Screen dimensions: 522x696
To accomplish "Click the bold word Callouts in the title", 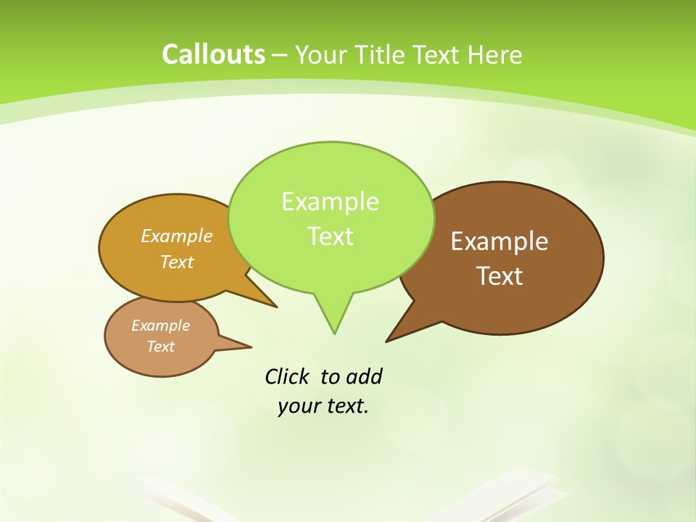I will (213, 54).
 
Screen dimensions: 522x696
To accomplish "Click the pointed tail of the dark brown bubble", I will (391, 338).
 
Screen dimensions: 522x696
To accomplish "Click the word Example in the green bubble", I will (330, 202).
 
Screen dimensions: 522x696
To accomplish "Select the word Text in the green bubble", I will (330, 236).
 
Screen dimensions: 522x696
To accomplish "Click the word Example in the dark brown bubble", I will (500, 241).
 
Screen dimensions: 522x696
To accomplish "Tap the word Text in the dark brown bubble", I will (500, 276).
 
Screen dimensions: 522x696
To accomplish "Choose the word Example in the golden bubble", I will (177, 236).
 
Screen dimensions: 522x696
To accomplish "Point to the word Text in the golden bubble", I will (177, 262).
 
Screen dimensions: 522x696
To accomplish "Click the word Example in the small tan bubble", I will (160, 326).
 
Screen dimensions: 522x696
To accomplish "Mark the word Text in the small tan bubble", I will (160, 347).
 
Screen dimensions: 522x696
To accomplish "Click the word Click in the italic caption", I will (288, 376).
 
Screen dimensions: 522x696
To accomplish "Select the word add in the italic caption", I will (363, 376).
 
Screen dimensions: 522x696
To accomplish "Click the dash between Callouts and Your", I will (280, 55).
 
